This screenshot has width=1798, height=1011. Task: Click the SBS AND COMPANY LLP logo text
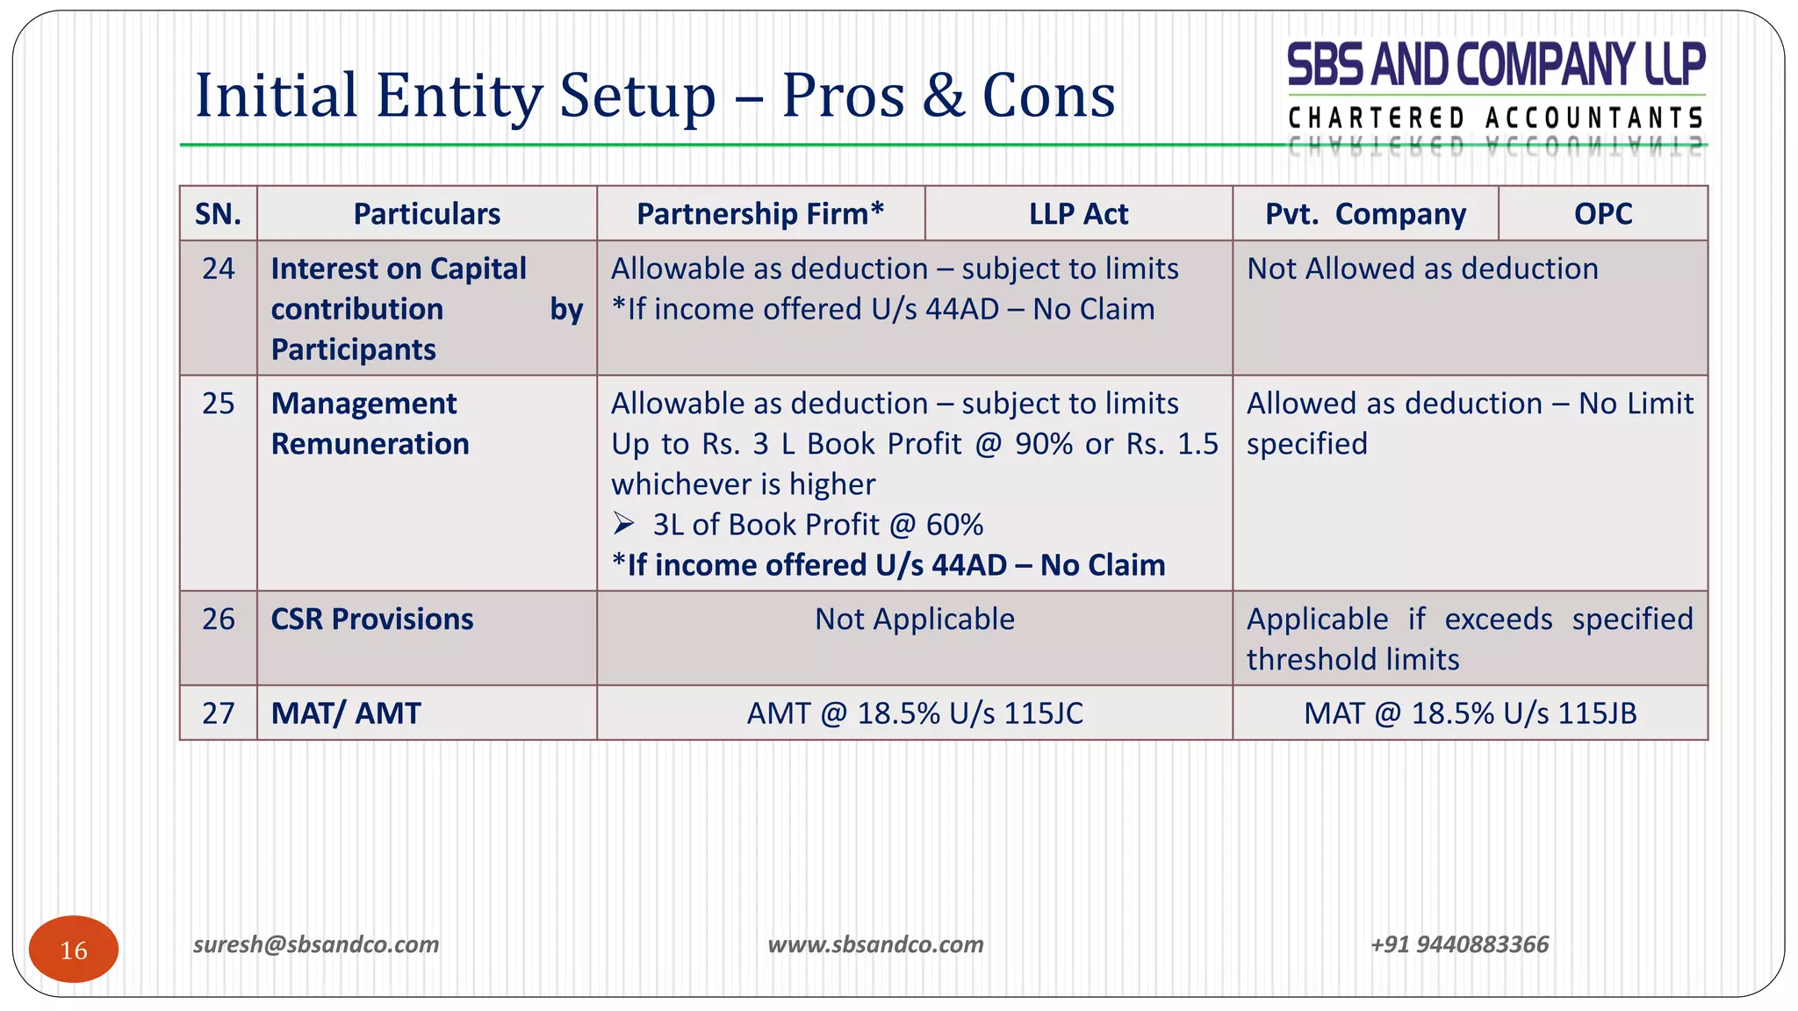pyautogui.click(x=1495, y=65)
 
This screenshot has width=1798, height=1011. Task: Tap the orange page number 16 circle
pyautogui.click(x=74, y=950)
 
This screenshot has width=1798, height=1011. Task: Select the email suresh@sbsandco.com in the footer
pyautogui.click(x=316, y=944)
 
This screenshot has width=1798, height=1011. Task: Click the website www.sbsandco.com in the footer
pyautogui.click(x=875, y=944)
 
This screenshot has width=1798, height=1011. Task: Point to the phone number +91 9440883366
pyautogui.click(x=1459, y=944)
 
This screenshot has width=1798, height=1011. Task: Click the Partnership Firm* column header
pyautogui.click(x=760, y=213)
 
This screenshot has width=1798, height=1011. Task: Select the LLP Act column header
pyautogui.click(x=1078, y=213)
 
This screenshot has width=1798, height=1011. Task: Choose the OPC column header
pyautogui.click(x=1602, y=213)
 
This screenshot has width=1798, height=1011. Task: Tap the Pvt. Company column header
pyautogui.click(x=1365, y=213)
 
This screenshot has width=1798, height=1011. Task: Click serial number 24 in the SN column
pyautogui.click(x=218, y=269)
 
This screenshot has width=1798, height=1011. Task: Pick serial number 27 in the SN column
pyautogui.click(x=218, y=713)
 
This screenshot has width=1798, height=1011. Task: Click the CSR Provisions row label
pyautogui.click(x=372, y=620)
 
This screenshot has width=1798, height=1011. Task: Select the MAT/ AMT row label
pyautogui.click(x=346, y=713)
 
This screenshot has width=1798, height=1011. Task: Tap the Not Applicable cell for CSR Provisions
pyautogui.click(x=914, y=620)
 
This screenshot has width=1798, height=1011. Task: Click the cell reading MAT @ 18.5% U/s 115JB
pyautogui.click(x=1470, y=713)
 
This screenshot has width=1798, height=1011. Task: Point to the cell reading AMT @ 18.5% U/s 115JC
pyautogui.click(x=914, y=713)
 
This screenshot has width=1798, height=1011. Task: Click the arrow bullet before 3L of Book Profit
pyautogui.click(x=623, y=525)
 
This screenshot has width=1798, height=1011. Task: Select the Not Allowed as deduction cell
pyautogui.click(x=1422, y=269)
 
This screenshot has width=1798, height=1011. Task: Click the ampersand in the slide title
pyautogui.click(x=943, y=95)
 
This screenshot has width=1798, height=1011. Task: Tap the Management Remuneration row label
pyautogui.click(x=370, y=424)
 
